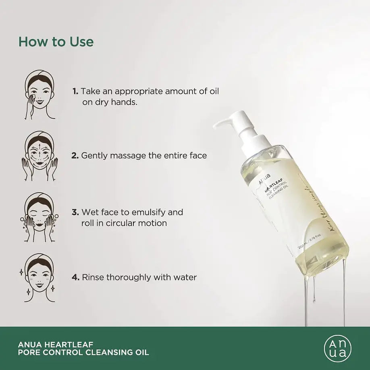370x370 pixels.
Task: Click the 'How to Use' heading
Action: (x=56, y=42)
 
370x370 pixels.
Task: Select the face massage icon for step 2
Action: (x=39, y=156)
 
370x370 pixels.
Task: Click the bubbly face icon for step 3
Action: (x=39, y=217)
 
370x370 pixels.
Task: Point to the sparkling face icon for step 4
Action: (x=39, y=278)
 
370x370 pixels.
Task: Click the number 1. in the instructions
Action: (x=75, y=91)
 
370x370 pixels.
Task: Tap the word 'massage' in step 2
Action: (x=125, y=155)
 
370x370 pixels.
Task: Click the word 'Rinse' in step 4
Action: (x=93, y=277)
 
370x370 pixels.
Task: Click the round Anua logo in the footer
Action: (x=337, y=349)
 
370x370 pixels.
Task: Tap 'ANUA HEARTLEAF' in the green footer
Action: (x=56, y=344)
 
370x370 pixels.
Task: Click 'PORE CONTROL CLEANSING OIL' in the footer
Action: (x=83, y=353)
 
